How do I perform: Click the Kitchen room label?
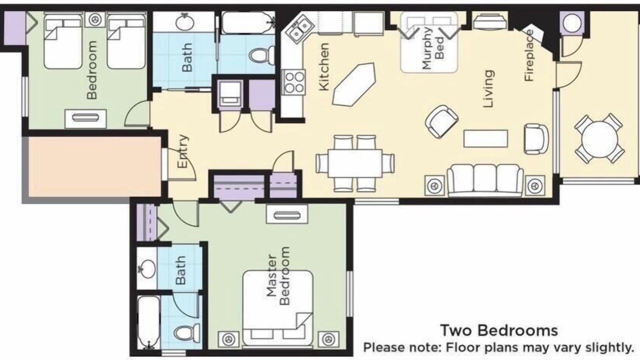coord(324,67)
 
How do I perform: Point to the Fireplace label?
coord(529,55)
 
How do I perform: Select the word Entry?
coord(183,151)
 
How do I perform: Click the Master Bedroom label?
coord(278,276)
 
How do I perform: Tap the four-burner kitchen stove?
coord(293,81)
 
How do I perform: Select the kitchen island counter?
coord(354,84)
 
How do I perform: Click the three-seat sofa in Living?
coord(485,180)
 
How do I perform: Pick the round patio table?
coord(599,139)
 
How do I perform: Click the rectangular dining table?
coord(355,163)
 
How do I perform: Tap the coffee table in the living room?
coord(485,138)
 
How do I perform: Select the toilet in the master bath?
coord(187,333)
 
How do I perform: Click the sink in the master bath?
coord(147,268)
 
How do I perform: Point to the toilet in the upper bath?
coord(261,55)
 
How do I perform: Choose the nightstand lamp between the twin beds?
coord(95,19)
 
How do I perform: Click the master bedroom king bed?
coord(278,308)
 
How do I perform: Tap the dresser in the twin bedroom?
coord(85,118)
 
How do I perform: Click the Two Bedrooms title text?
coord(499,330)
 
